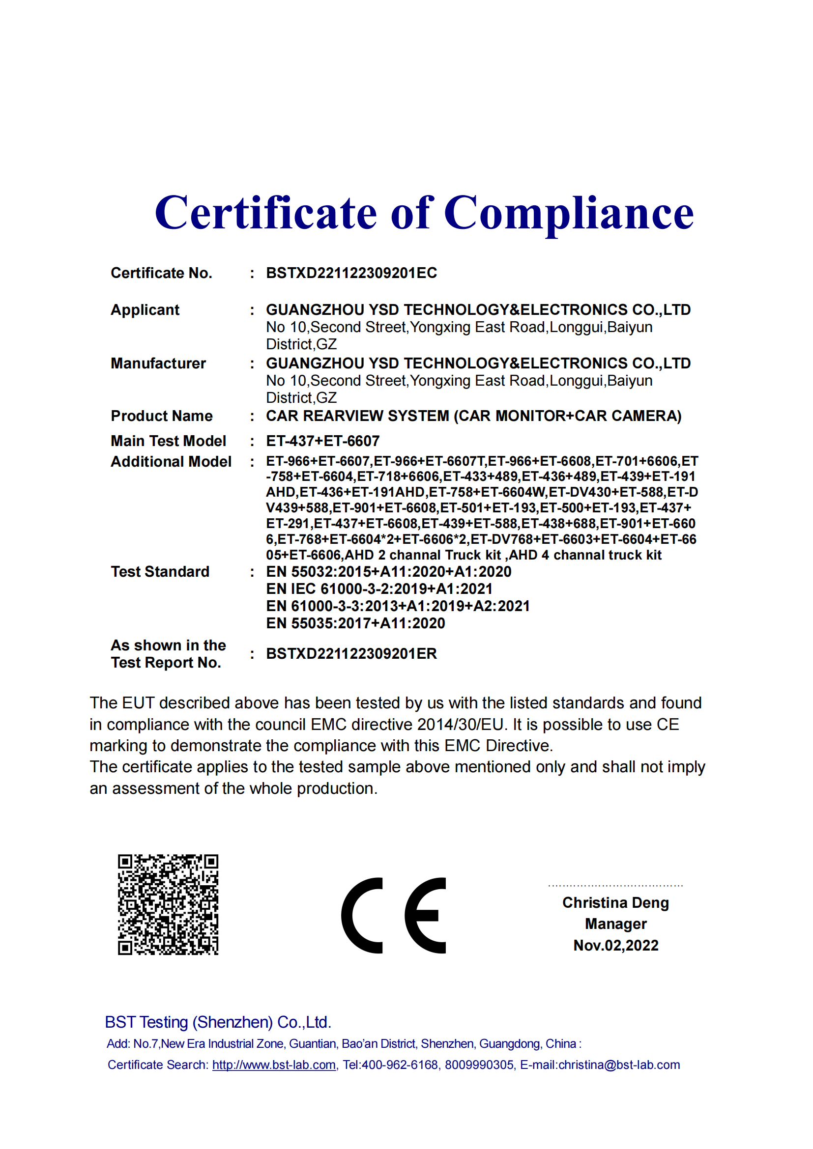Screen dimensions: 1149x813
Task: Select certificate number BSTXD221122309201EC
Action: [351, 273]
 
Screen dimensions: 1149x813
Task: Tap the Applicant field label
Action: [145, 310]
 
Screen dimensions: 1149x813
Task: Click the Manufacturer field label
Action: [158, 364]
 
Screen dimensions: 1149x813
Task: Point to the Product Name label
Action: [162, 416]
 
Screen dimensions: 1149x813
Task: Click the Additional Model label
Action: [171, 461]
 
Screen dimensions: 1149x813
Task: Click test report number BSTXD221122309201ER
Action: [351, 653]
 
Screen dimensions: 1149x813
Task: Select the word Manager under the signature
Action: [616, 924]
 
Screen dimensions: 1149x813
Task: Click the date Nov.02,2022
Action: [616, 945]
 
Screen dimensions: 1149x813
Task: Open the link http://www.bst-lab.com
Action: [274, 1065]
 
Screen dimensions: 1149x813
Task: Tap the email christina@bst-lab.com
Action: [619, 1065]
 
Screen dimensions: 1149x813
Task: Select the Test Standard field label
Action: [160, 571]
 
